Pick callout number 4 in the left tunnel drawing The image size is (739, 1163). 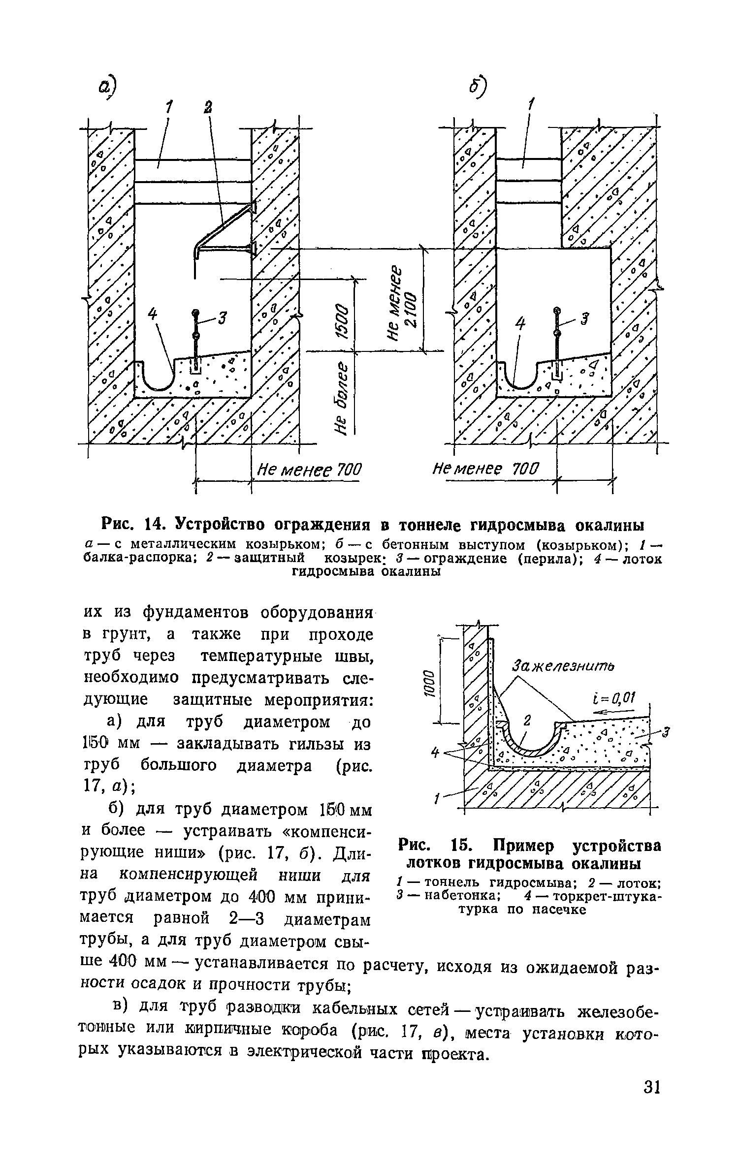tap(153, 314)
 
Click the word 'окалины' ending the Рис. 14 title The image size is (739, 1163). tap(610, 525)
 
